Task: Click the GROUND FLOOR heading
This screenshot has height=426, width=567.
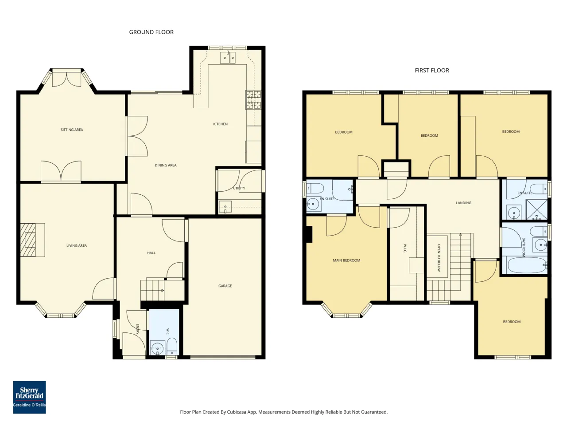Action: coord(151,32)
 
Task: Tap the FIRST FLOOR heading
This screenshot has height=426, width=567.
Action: coord(431,71)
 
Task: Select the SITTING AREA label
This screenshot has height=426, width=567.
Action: coord(72,130)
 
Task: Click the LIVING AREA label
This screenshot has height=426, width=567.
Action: coord(77,245)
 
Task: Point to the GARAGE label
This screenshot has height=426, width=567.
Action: coord(225,286)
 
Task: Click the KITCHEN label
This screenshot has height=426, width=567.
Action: coord(220,124)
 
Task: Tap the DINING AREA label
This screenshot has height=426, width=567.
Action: coord(166,165)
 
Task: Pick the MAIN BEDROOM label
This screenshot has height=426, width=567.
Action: coord(346,260)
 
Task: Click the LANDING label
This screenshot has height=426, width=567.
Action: coord(463,203)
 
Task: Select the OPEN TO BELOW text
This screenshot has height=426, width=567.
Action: coord(439,258)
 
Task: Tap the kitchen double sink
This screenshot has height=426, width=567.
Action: coord(228,57)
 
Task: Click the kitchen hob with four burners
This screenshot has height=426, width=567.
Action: coord(253,100)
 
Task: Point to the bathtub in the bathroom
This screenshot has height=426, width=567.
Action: coord(527,265)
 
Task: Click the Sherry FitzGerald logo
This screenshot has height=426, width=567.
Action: coord(29,397)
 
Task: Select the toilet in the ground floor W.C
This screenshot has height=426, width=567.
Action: coord(172,347)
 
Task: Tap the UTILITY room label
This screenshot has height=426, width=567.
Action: coord(239,188)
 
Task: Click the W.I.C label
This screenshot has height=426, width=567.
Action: coord(405,248)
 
